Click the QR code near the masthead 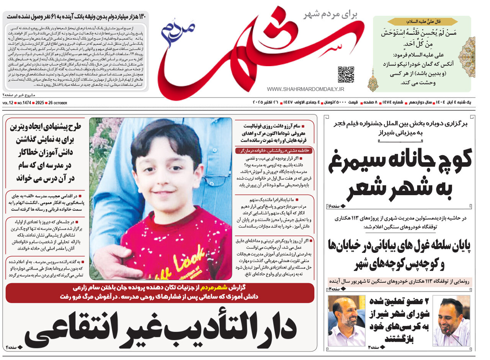(x=346, y=75)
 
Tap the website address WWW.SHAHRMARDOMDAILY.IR (x=305, y=89)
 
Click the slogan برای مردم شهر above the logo (x=330, y=15)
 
